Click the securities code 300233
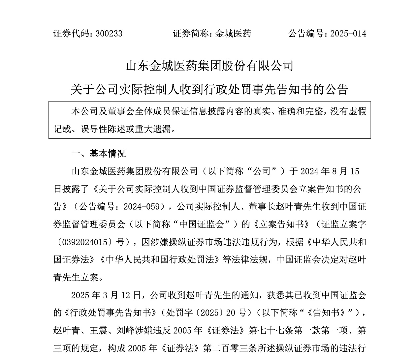(x=109, y=34)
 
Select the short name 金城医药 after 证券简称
(x=233, y=34)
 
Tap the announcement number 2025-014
(x=348, y=34)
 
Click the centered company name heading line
(x=209, y=66)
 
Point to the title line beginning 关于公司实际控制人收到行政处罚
(x=209, y=89)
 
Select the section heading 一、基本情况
(x=98, y=154)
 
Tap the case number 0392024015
(x=85, y=242)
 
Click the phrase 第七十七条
(x=266, y=330)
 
